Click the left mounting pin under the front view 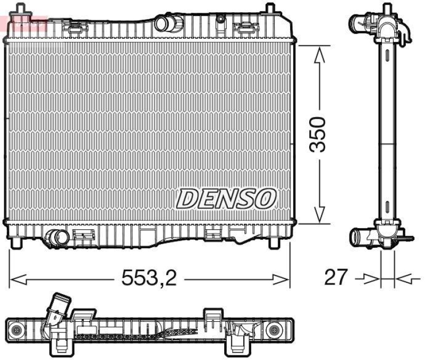18,242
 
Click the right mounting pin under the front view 274,242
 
